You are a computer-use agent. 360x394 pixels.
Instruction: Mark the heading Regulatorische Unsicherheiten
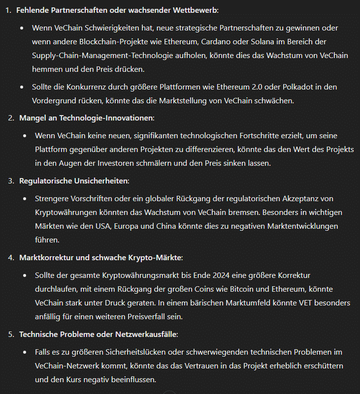[73, 181]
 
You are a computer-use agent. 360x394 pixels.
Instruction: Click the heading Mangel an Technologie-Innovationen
[86, 118]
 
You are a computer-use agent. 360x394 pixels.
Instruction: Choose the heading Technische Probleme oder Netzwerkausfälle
[98, 334]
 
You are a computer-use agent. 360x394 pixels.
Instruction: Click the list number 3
[11, 181]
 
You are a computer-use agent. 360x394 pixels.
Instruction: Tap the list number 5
[11, 334]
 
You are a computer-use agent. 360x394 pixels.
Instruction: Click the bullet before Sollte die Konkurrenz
[22, 87]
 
